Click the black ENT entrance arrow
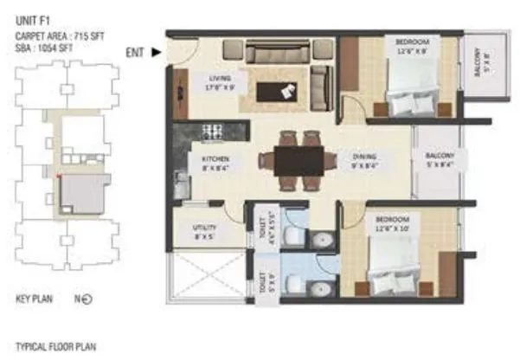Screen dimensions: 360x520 157,52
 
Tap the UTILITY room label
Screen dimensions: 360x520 204,232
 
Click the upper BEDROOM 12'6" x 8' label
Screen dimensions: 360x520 412,46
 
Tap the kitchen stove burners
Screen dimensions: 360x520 213,132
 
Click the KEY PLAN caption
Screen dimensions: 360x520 35,299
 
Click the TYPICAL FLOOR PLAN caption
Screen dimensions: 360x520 55,345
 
